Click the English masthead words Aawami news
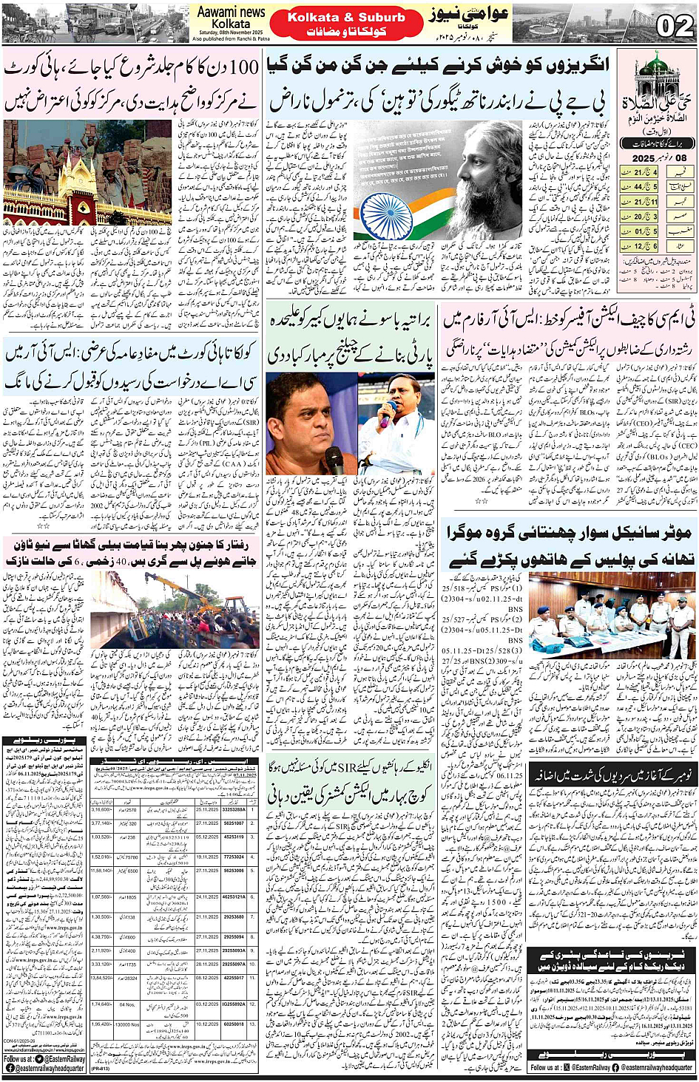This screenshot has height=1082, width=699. coord(232,12)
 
